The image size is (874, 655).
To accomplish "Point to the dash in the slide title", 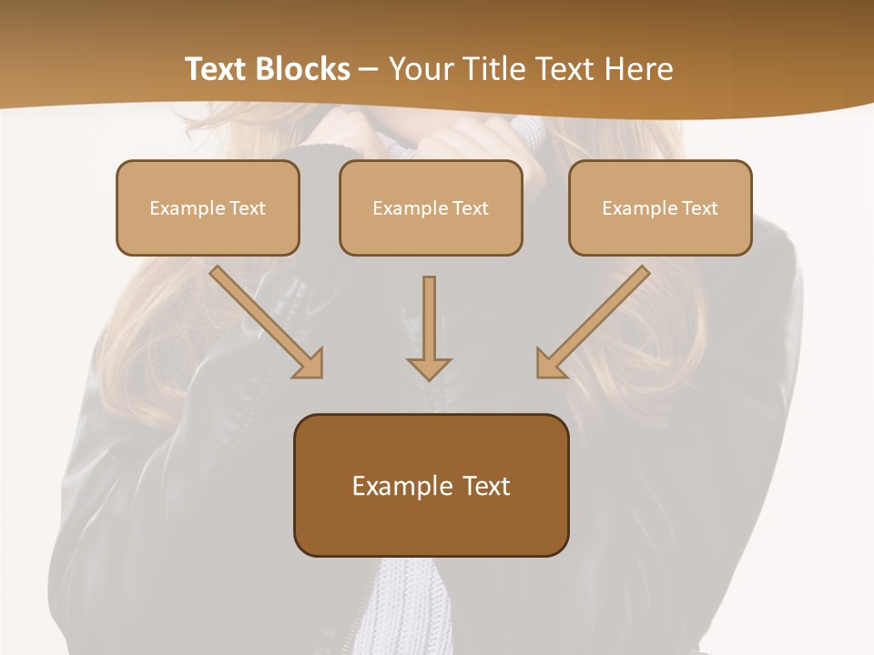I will click(369, 69).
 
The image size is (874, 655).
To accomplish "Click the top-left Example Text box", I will click(208, 207).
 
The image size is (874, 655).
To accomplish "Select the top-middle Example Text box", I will click(431, 207).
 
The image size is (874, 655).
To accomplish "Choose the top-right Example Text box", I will click(660, 207).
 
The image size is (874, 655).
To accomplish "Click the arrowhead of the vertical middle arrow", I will click(429, 368).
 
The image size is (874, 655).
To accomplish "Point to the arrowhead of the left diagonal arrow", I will click(310, 363).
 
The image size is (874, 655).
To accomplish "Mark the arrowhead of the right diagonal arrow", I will click(550, 363).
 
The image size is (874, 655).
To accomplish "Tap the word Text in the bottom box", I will click(486, 486).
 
